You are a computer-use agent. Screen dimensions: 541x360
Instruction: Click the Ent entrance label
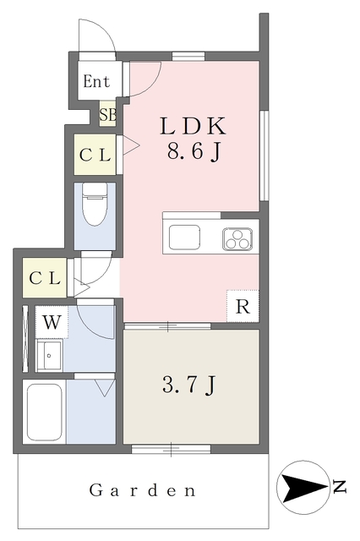pos(95,83)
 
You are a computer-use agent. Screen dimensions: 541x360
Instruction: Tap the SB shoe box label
pos(107,113)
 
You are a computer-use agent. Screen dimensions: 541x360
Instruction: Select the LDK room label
pos(194,127)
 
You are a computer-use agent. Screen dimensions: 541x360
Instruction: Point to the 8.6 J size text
pos(194,154)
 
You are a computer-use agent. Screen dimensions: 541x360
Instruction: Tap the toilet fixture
pos(95,205)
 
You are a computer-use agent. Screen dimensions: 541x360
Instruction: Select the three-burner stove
pos(239,238)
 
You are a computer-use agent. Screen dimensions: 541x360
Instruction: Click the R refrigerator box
pos(242,306)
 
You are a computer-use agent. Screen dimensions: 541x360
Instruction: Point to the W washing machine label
pos(52,322)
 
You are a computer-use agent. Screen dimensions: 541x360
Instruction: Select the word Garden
pos(143,489)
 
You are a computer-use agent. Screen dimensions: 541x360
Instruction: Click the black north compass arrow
pos(300,487)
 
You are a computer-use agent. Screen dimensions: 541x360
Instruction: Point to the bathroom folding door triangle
pos(105,388)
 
